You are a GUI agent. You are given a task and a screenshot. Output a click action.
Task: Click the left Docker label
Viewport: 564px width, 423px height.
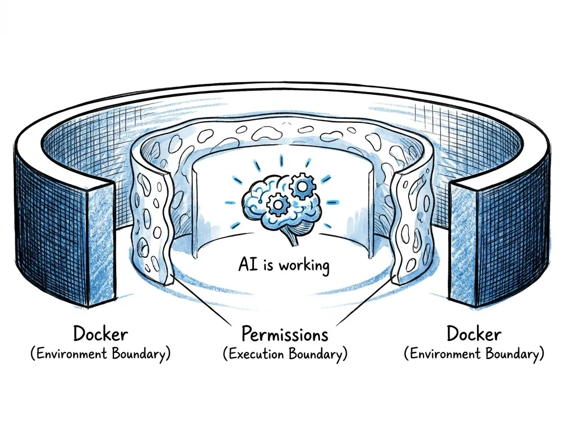pyautogui.click(x=101, y=334)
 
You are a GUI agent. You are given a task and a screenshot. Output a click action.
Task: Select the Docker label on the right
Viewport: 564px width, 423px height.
pyautogui.click(x=474, y=334)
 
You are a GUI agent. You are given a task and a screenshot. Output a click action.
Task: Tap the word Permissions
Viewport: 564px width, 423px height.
pyautogui.click(x=285, y=334)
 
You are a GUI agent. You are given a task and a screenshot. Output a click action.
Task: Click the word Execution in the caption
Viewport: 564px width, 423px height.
pyautogui.click(x=257, y=354)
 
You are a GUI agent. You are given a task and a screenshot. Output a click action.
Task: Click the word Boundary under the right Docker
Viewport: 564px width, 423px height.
pyautogui.click(x=509, y=354)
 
